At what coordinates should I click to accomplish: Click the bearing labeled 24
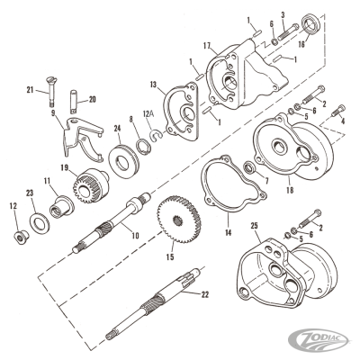click(124, 162)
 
